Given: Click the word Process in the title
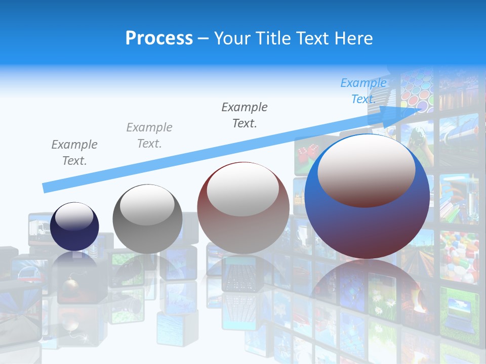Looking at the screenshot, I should point(159,38).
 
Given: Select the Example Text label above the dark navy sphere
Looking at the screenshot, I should point(74,153).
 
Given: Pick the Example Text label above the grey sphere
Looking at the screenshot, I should point(149,135).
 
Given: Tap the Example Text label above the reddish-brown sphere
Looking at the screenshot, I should point(245,115).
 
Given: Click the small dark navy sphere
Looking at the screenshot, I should point(74,226).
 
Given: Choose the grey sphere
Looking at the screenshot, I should point(147,219).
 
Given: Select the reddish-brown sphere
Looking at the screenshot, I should point(243,208).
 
